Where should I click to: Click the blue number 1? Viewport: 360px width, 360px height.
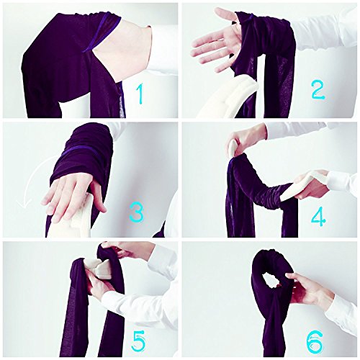click(x=140, y=94)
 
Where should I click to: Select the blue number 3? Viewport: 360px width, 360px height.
click(x=137, y=212)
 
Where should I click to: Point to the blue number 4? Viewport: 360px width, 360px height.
click(x=318, y=217)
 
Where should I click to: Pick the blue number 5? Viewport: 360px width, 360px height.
click(x=138, y=341)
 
